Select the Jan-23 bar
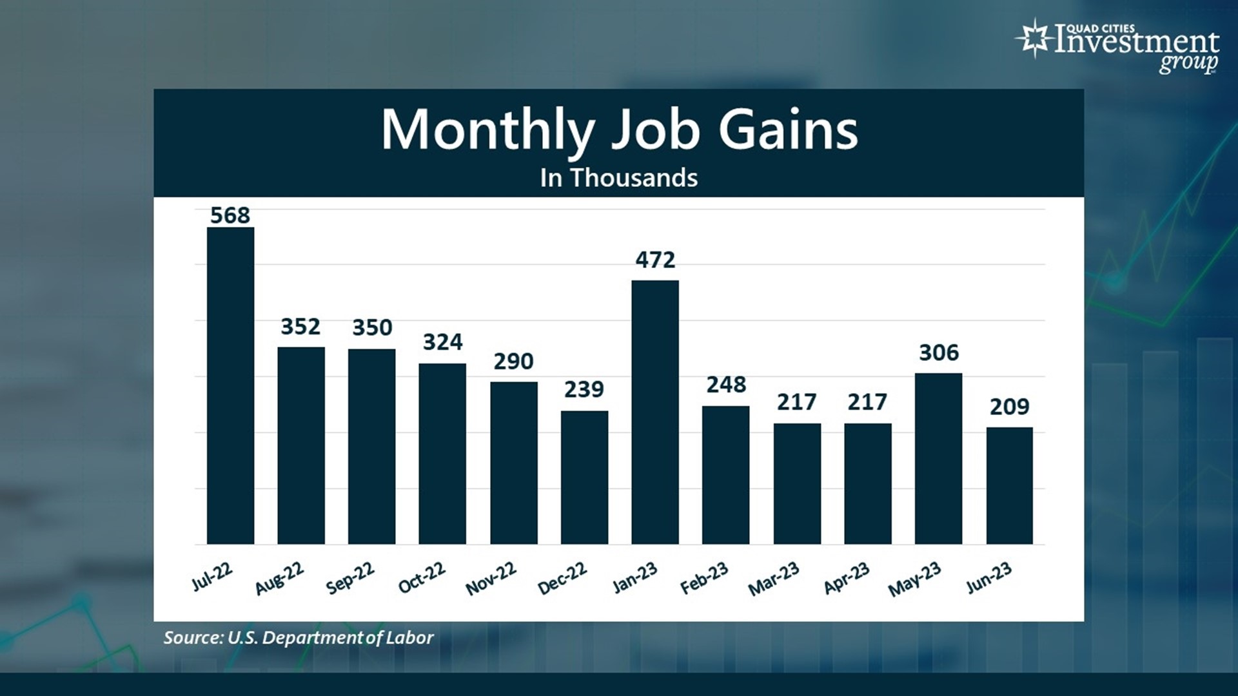(x=655, y=412)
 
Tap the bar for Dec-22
(x=584, y=477)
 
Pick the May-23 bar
(x=938, y=458)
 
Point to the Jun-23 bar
(x=1009, y=485)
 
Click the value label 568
(x=230, y=215)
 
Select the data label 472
(x=655, y=260)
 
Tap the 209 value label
(x=1009, y=407)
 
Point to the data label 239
(x=584, y=389)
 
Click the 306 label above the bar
(x=938, y=353)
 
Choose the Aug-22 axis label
(x=279, y=578)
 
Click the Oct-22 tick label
(x=422, y=577)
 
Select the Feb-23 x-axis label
(x=704, y=578)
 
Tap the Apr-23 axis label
(x=847, y=578)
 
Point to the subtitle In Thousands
(x=619, y=178)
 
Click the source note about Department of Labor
(x=298, y=637)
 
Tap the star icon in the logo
(x=1034, y=38)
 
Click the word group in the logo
(x=1188, y=63)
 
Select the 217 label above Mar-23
(x=796, y=402)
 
